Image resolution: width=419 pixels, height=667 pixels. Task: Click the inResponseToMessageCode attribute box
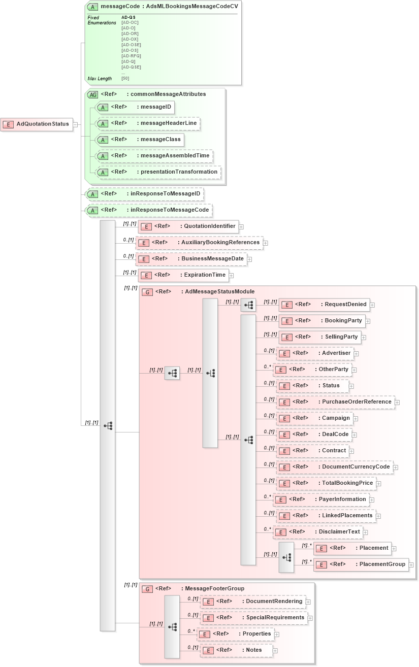(148, 210)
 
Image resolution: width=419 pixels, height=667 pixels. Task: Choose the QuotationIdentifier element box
(188, 226)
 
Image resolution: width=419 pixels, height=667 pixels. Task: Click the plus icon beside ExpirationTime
(231, 276)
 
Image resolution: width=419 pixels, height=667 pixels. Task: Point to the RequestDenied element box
(324, 305)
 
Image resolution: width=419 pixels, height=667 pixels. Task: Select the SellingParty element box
(319, 337)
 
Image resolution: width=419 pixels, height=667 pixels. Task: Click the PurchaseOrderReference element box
(335, 402)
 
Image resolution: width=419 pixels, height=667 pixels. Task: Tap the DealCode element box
(317, 434)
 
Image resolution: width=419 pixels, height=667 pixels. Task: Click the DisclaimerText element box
(317, 531)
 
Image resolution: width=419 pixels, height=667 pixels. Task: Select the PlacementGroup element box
(361, 564)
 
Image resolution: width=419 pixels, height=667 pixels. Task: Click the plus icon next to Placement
(394, 549)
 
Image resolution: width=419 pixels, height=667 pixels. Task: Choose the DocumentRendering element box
(253, 601)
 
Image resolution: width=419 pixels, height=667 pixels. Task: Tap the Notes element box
(237, 650)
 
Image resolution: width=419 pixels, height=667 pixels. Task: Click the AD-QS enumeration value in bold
(128, 17)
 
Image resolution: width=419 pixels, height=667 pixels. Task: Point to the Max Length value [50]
(125, 79)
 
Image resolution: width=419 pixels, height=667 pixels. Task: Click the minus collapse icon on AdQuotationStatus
(75, 124)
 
